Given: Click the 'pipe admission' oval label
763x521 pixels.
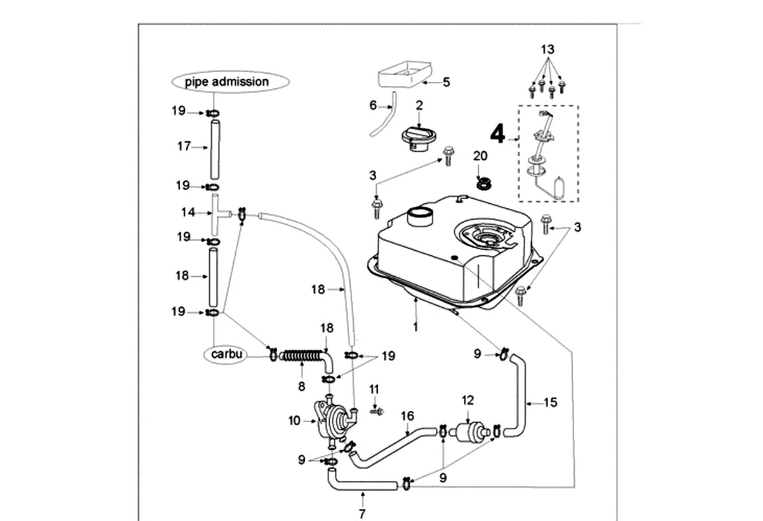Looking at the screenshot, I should [227, 82].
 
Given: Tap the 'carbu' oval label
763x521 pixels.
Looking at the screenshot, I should [227, 354].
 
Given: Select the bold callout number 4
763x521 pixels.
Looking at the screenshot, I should [498, 134].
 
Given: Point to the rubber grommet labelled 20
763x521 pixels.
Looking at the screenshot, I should [483, 184].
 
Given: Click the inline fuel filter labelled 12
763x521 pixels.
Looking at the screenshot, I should [469, 431].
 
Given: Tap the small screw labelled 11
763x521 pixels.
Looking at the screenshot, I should [377, 411].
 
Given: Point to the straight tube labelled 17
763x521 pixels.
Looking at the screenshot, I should [214, 147].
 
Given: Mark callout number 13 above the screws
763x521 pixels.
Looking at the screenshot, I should [547, 49].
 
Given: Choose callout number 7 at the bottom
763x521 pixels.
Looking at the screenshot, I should [362, 514].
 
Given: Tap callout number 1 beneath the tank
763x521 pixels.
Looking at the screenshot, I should [415, 327].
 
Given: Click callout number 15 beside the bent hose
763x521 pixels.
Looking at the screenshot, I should [551, 403].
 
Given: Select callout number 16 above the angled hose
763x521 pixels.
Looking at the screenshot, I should [407, 415].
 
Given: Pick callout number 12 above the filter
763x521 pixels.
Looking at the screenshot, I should [468, 401].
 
